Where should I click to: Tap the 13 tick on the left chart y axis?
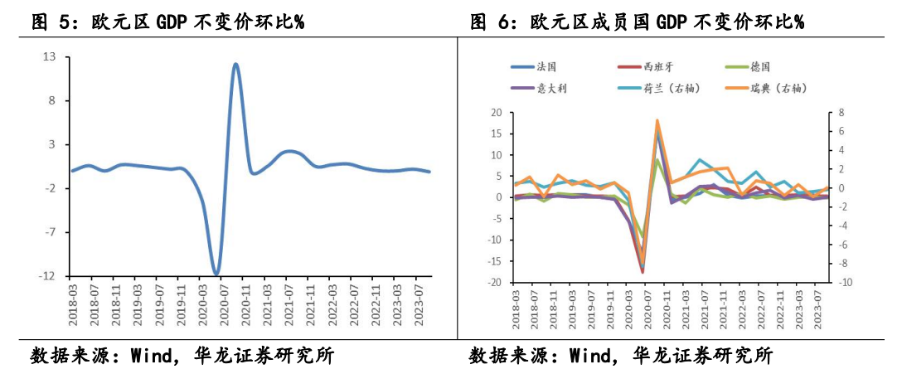[49, 57]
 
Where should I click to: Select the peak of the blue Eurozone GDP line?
[236, 64]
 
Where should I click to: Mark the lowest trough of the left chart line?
[216, 274]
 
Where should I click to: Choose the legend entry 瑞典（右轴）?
[780, 86]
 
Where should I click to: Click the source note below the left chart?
[182, 356]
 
